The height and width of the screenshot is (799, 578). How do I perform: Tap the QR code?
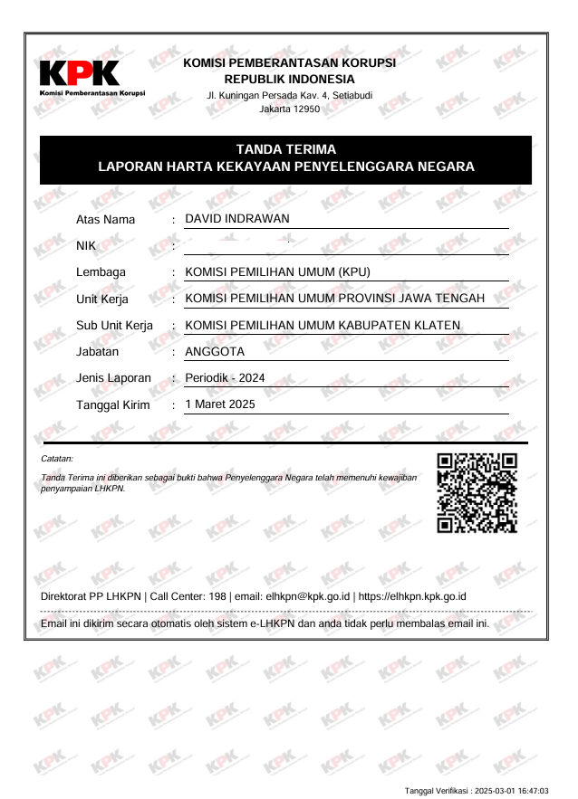pyautogui.click(x=477, y=492)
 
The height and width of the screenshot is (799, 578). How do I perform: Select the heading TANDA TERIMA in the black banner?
pyautogui.click(x=286, y=149)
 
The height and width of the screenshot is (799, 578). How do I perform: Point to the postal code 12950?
pyautogui.click(x=301, y=109)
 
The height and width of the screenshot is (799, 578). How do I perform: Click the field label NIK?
pyautogui.click(x=86, y=245)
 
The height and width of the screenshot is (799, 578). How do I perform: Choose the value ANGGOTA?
pyautogui.click(x=215, y=351)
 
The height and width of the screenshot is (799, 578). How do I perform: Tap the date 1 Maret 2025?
pyautogui.click(x=220, y=404)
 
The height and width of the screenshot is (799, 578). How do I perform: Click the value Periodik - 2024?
pyautogui.click(x=225, y=377)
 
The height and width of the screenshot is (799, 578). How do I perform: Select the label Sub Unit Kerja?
pyautogui.click(x=114, y=325)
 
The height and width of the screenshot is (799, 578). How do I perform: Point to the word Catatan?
pyautogui.click(x=57, y=460)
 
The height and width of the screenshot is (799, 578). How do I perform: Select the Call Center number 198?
pyautogui.click(x=217, y=596)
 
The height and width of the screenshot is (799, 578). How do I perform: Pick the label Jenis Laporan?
pyautogui.click(x=113, y=377)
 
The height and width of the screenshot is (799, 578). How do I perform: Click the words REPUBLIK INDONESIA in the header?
pyautogui.click(x=289, y=79)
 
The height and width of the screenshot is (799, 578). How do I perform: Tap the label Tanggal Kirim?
pyautogui.click(x=113, y=404)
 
